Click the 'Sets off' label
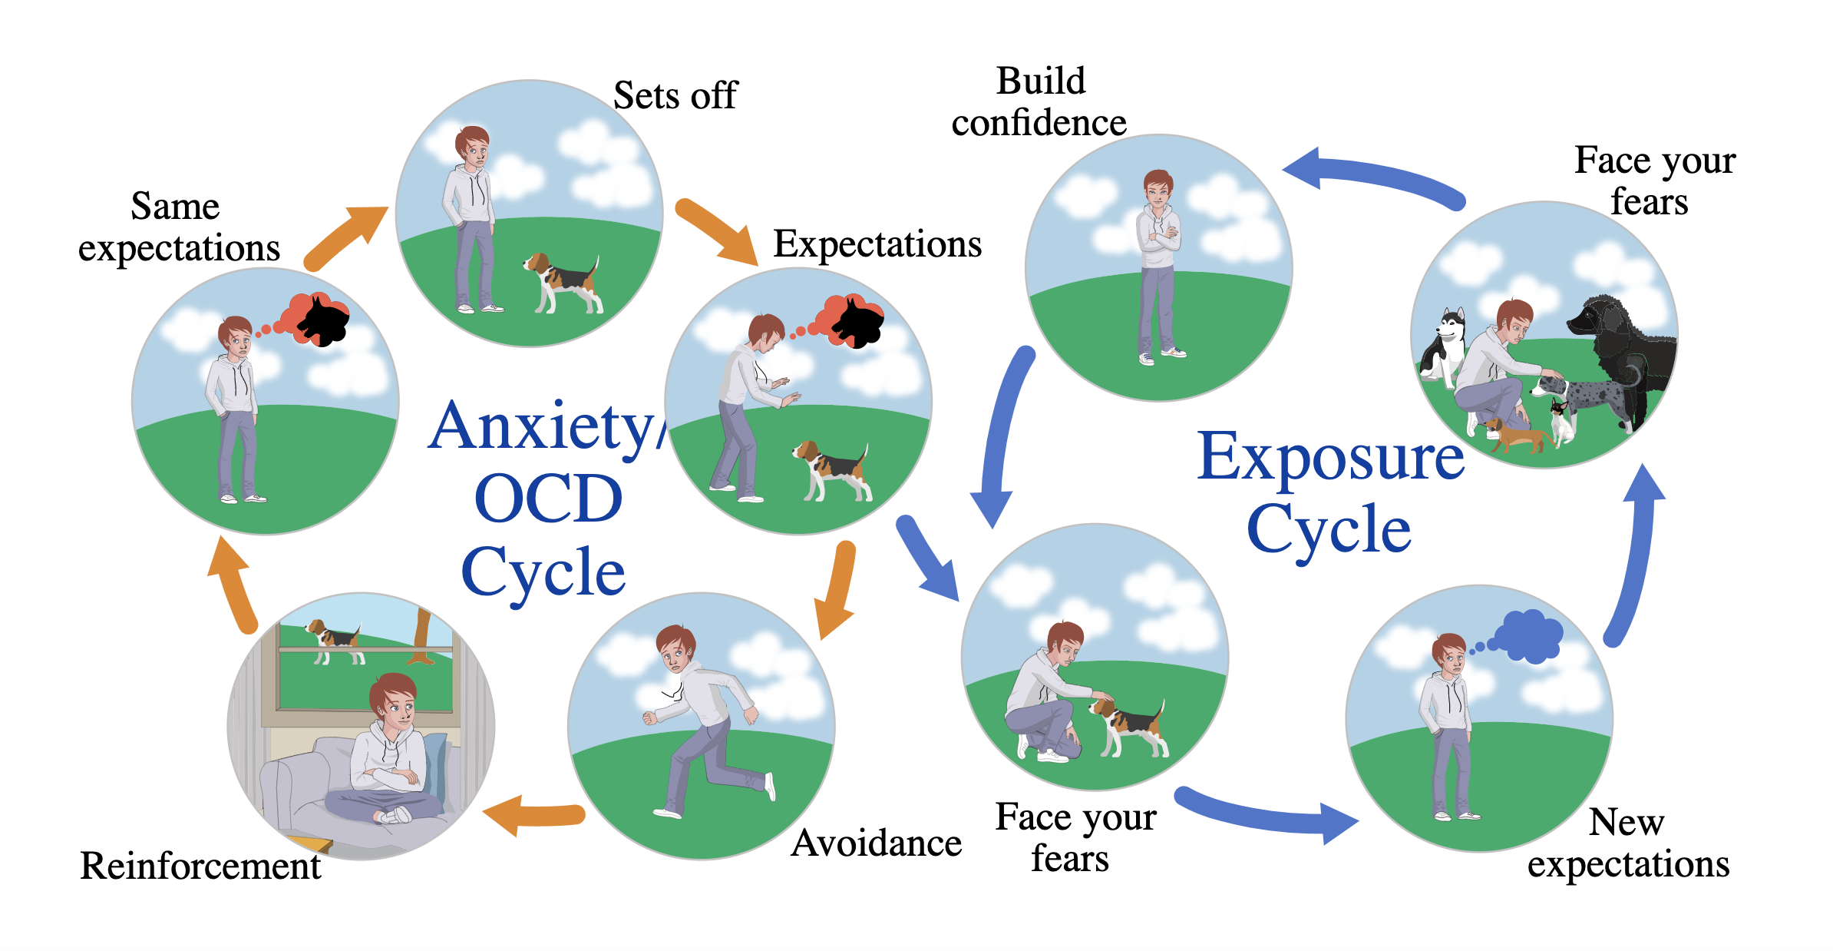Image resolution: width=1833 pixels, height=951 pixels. point(675,96)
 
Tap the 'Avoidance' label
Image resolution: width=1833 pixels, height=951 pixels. point(876,843)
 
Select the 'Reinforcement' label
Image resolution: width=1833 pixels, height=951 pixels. point(200,866)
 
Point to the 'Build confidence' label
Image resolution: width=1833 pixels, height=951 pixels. point(1039,102)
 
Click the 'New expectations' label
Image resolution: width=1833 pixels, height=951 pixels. point(1627,843)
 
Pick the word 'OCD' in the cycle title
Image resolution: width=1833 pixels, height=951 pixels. point(548,499)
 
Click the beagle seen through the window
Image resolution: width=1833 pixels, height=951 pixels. point(335,639)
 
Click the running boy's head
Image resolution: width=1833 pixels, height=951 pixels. point(675,650)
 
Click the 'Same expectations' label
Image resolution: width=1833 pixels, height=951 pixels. point(179,227)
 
